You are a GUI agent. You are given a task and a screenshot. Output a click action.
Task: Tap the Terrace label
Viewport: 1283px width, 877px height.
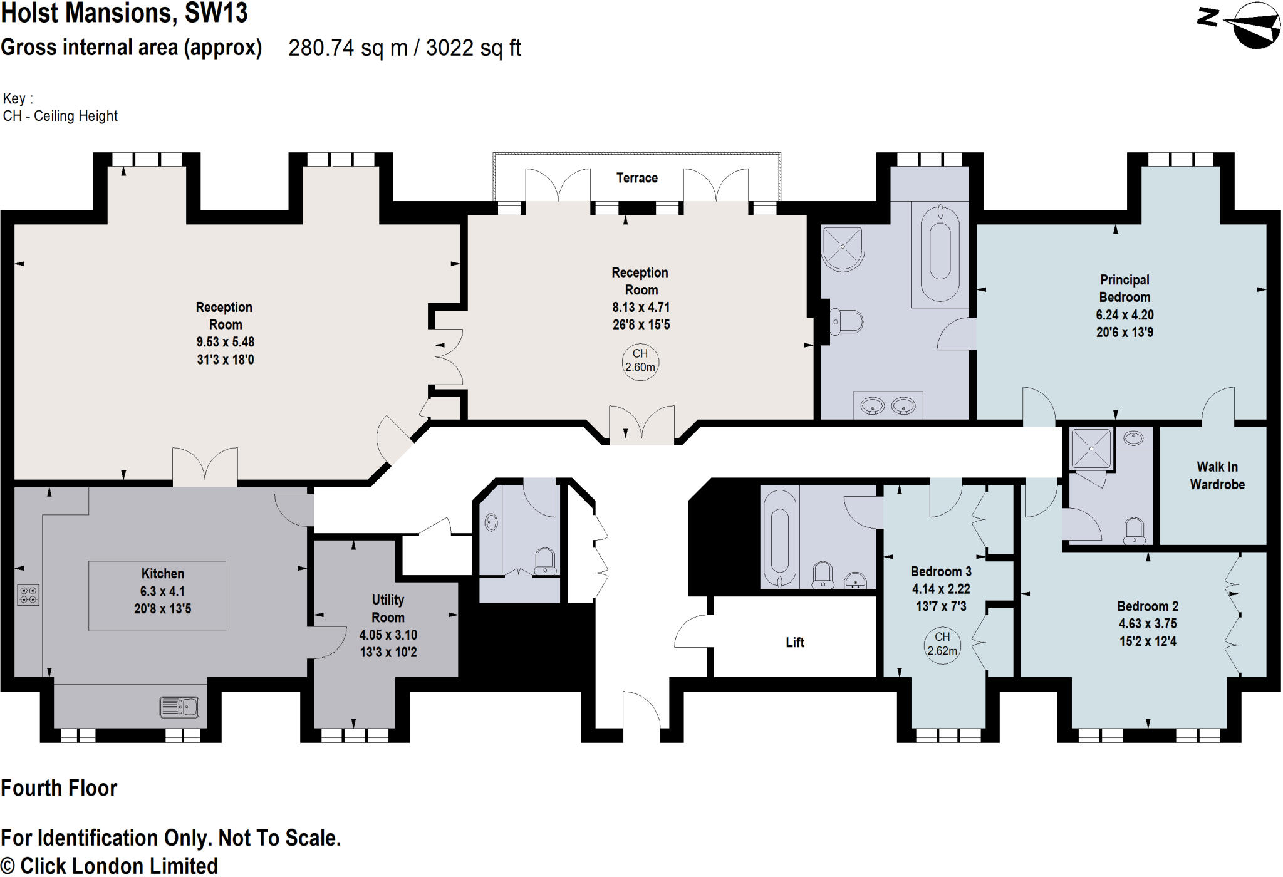pyautogui.click(x=636, y=178)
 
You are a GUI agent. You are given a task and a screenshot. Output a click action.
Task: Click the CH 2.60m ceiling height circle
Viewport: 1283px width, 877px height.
pyautogui.click(x=640, y=361)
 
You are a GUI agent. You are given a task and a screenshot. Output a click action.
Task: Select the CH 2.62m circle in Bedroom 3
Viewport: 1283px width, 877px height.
pyautogui.click(x=942, y=644)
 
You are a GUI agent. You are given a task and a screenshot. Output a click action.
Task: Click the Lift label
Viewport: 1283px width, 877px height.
pyautogui.click(x=794, y=642)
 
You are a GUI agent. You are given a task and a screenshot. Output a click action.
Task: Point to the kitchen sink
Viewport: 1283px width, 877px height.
pyautogui.click(x=179, y=707)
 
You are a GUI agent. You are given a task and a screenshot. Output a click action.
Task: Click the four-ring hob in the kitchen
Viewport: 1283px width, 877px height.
pyautogui.click(x=28, y=594)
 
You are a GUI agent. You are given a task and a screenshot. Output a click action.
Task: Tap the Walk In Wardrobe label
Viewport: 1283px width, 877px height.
pyautogui.click(x=1217, y=475)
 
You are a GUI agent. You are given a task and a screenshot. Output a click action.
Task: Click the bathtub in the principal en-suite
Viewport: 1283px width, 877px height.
pyautogui.click(x=940, y=251)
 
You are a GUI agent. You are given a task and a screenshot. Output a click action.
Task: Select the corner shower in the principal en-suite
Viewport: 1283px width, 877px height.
pyautogui.click(x=843, y=247)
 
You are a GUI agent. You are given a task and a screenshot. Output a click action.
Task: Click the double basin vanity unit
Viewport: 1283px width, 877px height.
pyautogui.click(x=888, y=406)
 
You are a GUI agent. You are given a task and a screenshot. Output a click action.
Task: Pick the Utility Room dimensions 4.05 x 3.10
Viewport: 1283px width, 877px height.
pyautogui.click(x=388, y=635)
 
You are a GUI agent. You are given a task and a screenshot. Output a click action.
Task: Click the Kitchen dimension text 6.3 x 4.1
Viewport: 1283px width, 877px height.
pyautogui.click(x=162, y=591)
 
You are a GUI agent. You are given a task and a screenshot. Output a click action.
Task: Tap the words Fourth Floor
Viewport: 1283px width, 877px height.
pyautogui.click(x=59, y=788)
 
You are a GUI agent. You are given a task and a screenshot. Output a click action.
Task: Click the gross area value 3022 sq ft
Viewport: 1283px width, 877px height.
pyautogui.click(x=474, y=48)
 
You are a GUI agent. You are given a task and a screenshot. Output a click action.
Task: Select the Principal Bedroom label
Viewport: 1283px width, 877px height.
pyautogui.click(x=1124, y=288)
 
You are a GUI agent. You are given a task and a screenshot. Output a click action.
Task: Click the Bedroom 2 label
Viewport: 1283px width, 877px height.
pyautogui.click(x=1147, y=606)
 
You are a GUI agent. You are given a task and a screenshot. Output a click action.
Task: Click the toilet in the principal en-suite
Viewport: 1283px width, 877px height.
pyautogui.click(x=846, y=322)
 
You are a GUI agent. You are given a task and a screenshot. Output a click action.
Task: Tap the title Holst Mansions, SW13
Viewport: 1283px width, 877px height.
pyautogui.click(x=124, y=13)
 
